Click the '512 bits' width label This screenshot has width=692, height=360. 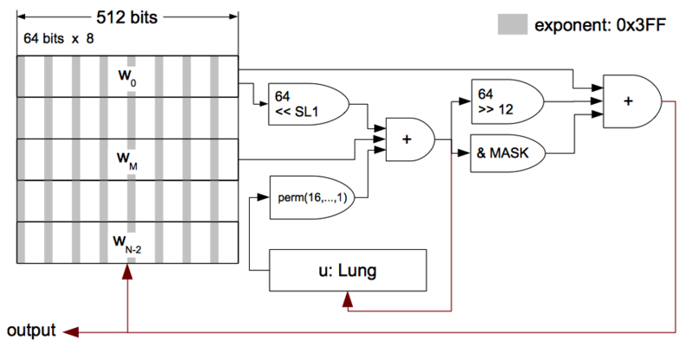pos(126,17)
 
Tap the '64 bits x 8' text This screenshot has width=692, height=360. pos(59,39)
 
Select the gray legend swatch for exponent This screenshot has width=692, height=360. pos(512,24)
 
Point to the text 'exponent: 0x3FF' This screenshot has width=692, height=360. pos(599,25)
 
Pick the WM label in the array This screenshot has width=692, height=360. pos(127,160)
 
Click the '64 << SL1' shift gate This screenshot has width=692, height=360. pos(308,104)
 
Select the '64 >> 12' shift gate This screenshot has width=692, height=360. pos(508,101)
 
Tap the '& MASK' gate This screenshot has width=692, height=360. pos(508,153)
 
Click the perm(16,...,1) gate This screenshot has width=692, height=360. pos(312,197)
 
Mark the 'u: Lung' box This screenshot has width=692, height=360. pos(348,270)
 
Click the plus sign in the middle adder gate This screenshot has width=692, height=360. pos(407,139)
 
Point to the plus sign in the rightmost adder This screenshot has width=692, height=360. pos(628,101)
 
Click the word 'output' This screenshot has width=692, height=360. pos(31,331)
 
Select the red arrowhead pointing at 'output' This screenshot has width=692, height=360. pos(71,332)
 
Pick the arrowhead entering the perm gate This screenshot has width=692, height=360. pos(264,197)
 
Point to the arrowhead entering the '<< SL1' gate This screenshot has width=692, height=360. pos(264,104)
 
